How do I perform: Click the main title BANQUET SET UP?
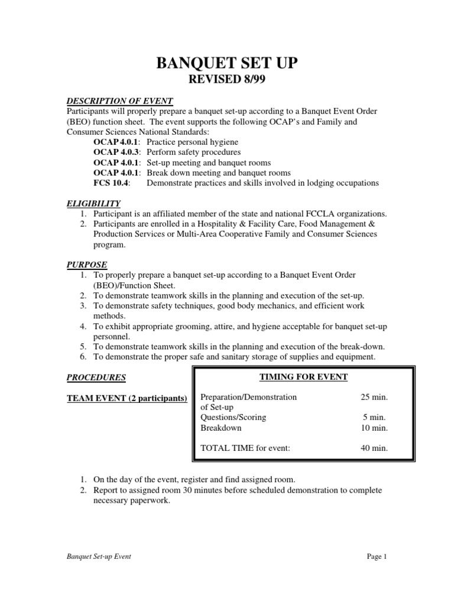pos(226,63)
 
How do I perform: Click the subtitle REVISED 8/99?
pos(226,81)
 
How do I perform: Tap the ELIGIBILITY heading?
pos(93,203)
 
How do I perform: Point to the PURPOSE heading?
pos(86,264)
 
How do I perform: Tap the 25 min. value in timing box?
pos(374,397)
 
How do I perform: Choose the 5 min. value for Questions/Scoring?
pos(376,417)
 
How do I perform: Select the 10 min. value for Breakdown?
pos(374,428)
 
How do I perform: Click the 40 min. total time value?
pos(374,448)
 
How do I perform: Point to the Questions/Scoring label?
pos(233,417)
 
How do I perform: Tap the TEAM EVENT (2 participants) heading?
pos(127,398)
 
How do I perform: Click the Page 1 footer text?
pos(376,557)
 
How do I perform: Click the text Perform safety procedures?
pos(193,152)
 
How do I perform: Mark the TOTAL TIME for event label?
pos(245,448)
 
